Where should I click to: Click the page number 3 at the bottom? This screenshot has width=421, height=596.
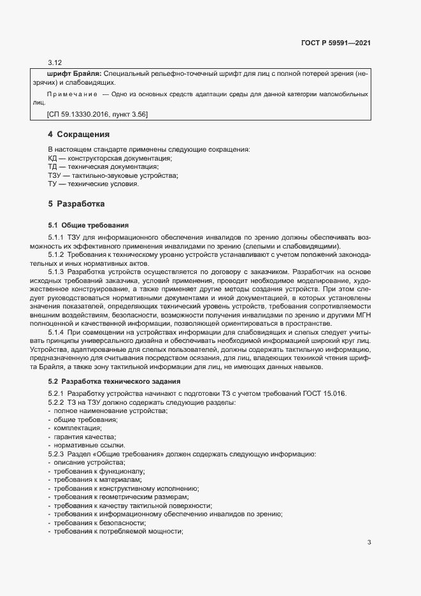pos(369,542)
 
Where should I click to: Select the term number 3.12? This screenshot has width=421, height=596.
pos(55,62)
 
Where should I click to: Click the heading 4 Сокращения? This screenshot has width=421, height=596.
pos(79,134)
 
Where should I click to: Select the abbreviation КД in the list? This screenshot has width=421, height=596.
pos(53,158)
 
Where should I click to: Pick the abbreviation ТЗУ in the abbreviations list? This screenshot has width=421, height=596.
pos(55,175)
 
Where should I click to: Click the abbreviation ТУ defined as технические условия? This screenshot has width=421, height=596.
pos(53,184)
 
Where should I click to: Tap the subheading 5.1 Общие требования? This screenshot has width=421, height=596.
pos(89,225)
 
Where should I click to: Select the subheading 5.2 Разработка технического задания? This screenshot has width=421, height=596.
pos(107,381)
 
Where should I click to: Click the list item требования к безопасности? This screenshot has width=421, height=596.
pos(99,523)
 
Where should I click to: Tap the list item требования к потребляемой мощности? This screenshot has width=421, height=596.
pos(118,531)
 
